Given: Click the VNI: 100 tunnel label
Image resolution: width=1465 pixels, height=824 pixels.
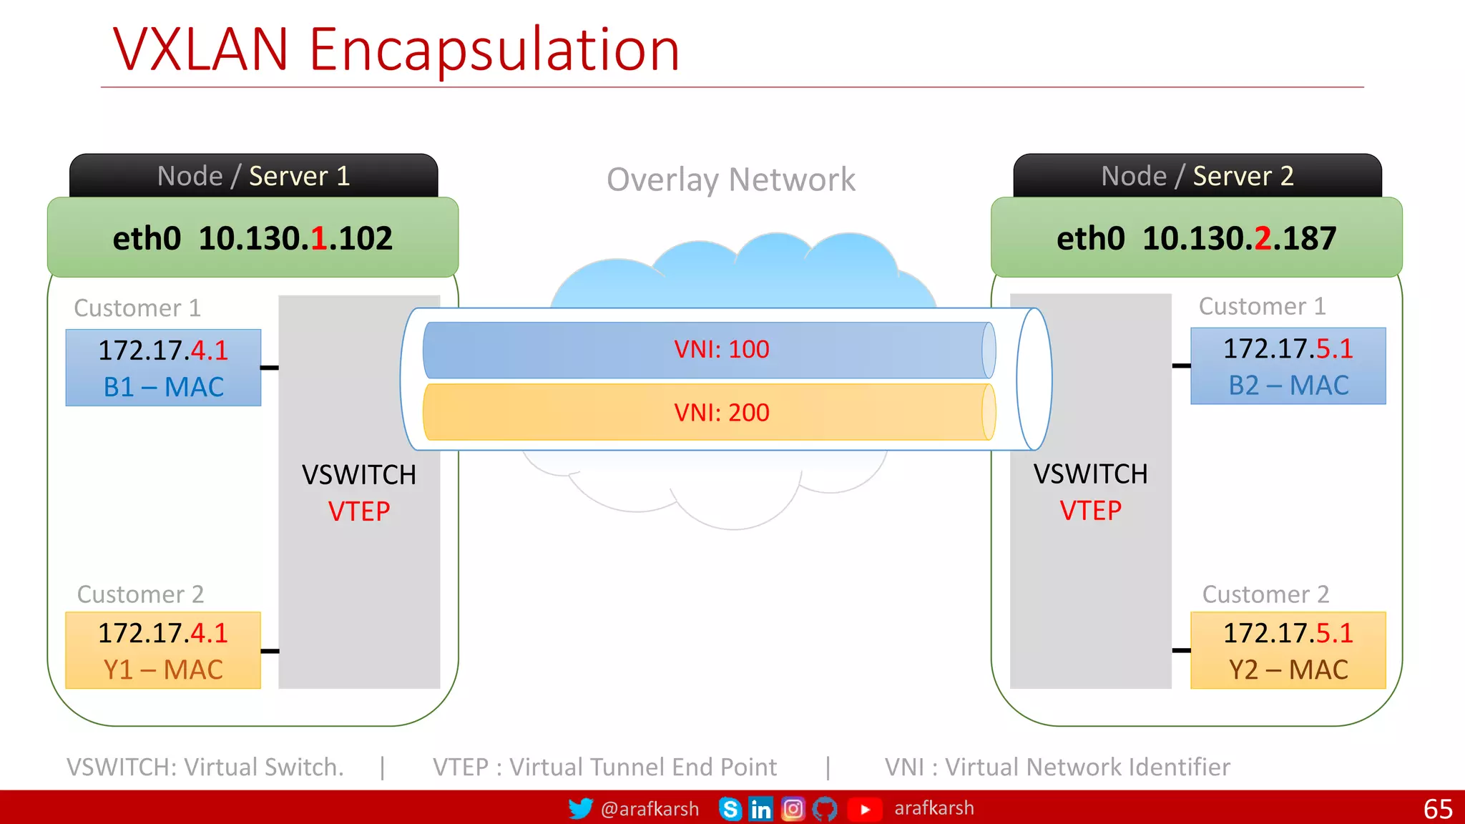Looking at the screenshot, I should [x=721, y=349].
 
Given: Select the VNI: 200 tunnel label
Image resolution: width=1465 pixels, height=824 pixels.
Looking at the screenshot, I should [x=721, y=413].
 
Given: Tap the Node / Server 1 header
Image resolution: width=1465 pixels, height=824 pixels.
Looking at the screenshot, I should [x=253, y=176].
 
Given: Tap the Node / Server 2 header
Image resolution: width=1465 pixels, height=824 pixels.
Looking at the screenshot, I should [x=1197, y=176].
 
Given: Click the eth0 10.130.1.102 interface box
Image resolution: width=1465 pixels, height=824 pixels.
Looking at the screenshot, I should [x=253, y=238].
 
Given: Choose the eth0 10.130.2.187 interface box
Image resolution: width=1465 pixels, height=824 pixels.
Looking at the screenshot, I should [x=1196, y=238].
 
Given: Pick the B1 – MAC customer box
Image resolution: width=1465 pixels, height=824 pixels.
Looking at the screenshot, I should [x=163, y=368].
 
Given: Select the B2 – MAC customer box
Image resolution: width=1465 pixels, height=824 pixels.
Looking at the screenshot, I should [x=1288, y=366].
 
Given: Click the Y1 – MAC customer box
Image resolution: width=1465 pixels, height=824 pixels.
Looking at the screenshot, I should [x=163, y=650].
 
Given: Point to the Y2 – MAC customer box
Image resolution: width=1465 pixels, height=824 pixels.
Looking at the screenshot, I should [x=1288, y=650].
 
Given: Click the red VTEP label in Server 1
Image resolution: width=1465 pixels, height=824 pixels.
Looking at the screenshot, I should [x=359, y=511].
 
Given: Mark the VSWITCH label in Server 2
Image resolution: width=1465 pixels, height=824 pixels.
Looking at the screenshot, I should [x=1090, y=474].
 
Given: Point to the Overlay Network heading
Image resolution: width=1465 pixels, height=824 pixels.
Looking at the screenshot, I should [x=730, y=180].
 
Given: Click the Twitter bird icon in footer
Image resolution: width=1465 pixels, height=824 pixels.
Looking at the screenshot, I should [x=580, y=808].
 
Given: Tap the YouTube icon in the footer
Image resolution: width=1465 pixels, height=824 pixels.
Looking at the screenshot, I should [x=864, y=809].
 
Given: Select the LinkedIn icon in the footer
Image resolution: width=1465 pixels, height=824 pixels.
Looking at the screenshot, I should [x=760, y=809].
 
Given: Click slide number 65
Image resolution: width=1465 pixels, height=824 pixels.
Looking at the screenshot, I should [x=1438, y=809].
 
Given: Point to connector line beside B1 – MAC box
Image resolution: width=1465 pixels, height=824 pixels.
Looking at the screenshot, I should [x=270, y=368].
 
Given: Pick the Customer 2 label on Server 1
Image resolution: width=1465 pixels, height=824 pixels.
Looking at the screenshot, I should [x=140, y=594].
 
